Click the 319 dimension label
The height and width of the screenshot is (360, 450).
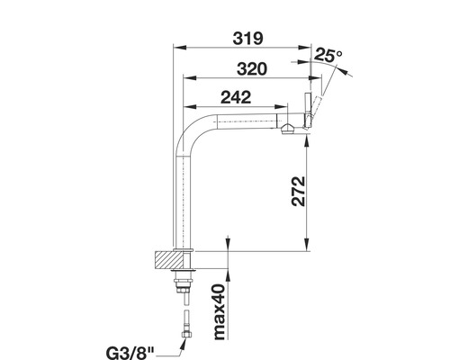pyautogui.click(x=245, y=39)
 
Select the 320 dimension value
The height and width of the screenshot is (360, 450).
pyautogui.click(x=246, y=68)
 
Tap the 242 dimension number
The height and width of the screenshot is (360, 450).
pyautogui.click(x=234, y=99)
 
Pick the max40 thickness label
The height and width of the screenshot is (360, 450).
pyautogui.click(x=218, y=314)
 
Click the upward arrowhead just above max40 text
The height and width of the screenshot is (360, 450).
pyautogui.click(x=230, y=274)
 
